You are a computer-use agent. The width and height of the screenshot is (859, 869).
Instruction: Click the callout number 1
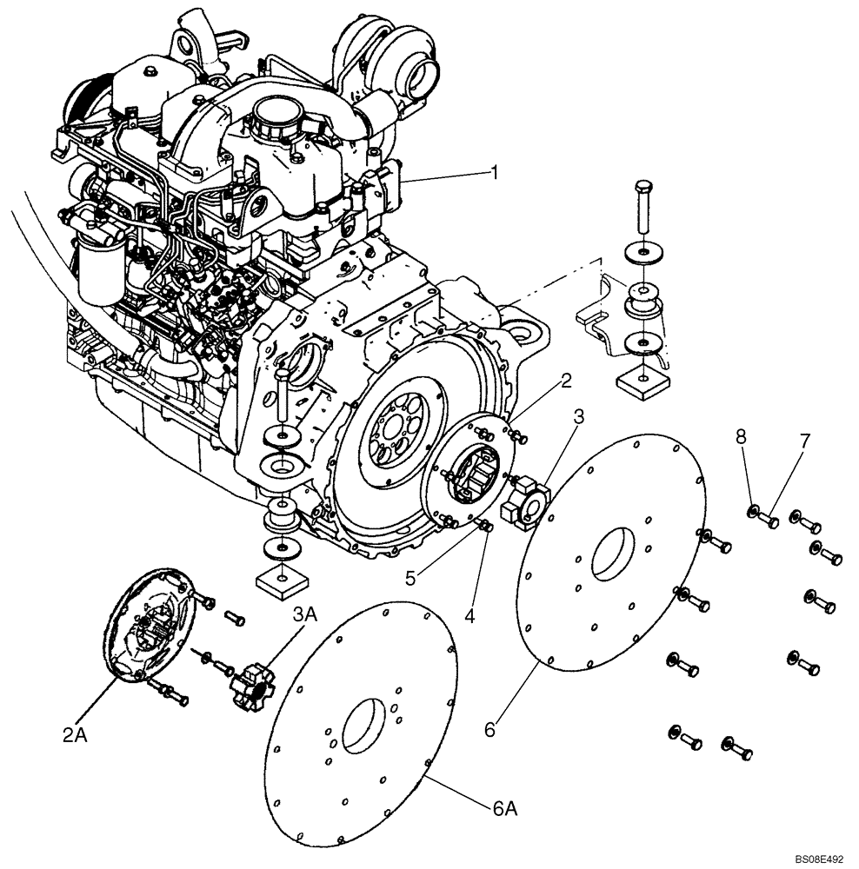494,173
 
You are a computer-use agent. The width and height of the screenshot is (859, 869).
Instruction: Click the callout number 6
490,731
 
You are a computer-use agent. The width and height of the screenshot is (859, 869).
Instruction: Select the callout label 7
803,440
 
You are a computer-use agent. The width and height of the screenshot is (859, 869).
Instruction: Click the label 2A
76,736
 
